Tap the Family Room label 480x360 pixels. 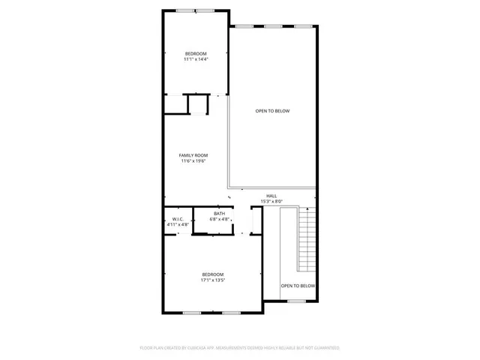[193, 154]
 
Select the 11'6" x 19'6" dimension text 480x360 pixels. [193, 160]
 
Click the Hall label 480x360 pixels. [271, 196]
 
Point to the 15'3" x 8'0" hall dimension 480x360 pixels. [271, 201]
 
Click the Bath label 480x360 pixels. [219, 214]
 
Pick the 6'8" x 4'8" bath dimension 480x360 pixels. [219, 220]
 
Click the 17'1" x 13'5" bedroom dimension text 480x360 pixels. [212, 280]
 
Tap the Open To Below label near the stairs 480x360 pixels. [298, 286]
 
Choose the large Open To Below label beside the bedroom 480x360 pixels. [272, 111]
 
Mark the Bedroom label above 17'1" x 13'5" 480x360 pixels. [212, 274]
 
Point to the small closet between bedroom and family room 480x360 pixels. [198, 103]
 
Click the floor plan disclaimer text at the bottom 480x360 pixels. [240, 348]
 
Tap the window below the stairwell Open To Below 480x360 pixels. [296, 301]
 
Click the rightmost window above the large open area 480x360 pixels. [302, 26]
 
